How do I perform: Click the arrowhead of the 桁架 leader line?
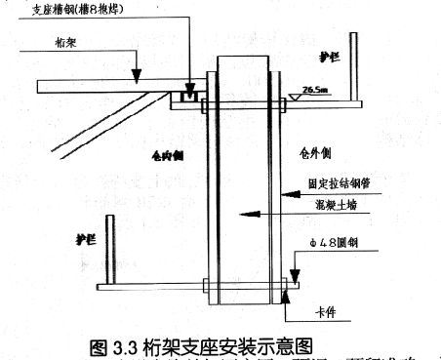tap(138, 77)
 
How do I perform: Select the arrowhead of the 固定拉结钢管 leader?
tap(283, 195)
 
